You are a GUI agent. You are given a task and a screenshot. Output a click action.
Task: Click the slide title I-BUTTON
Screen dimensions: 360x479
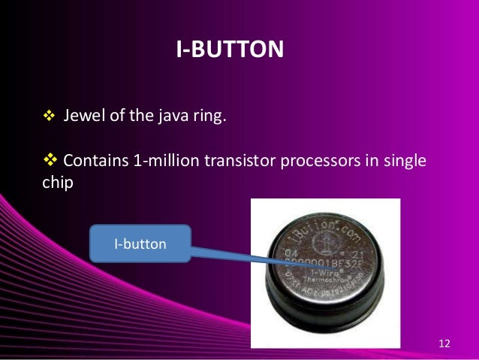click(x=230, y=50)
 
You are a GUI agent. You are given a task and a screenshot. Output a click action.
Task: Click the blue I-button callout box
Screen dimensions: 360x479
click(x=140, y=245)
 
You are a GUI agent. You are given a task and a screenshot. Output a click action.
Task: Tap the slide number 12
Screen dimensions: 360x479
click(x=444, y=344)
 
